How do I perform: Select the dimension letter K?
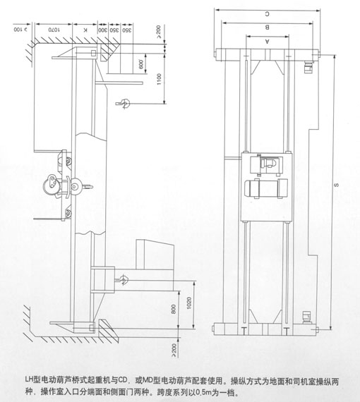pyautogui.click(x=85, y=30)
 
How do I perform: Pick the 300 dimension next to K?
pyautogui.click(x=104, y=30)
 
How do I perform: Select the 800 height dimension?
pyautogui.click(x=172, y=308)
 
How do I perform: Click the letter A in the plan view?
pyautogui.click(x=267, y=42)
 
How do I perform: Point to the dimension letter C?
pyautogui.click(x=267, y=13)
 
